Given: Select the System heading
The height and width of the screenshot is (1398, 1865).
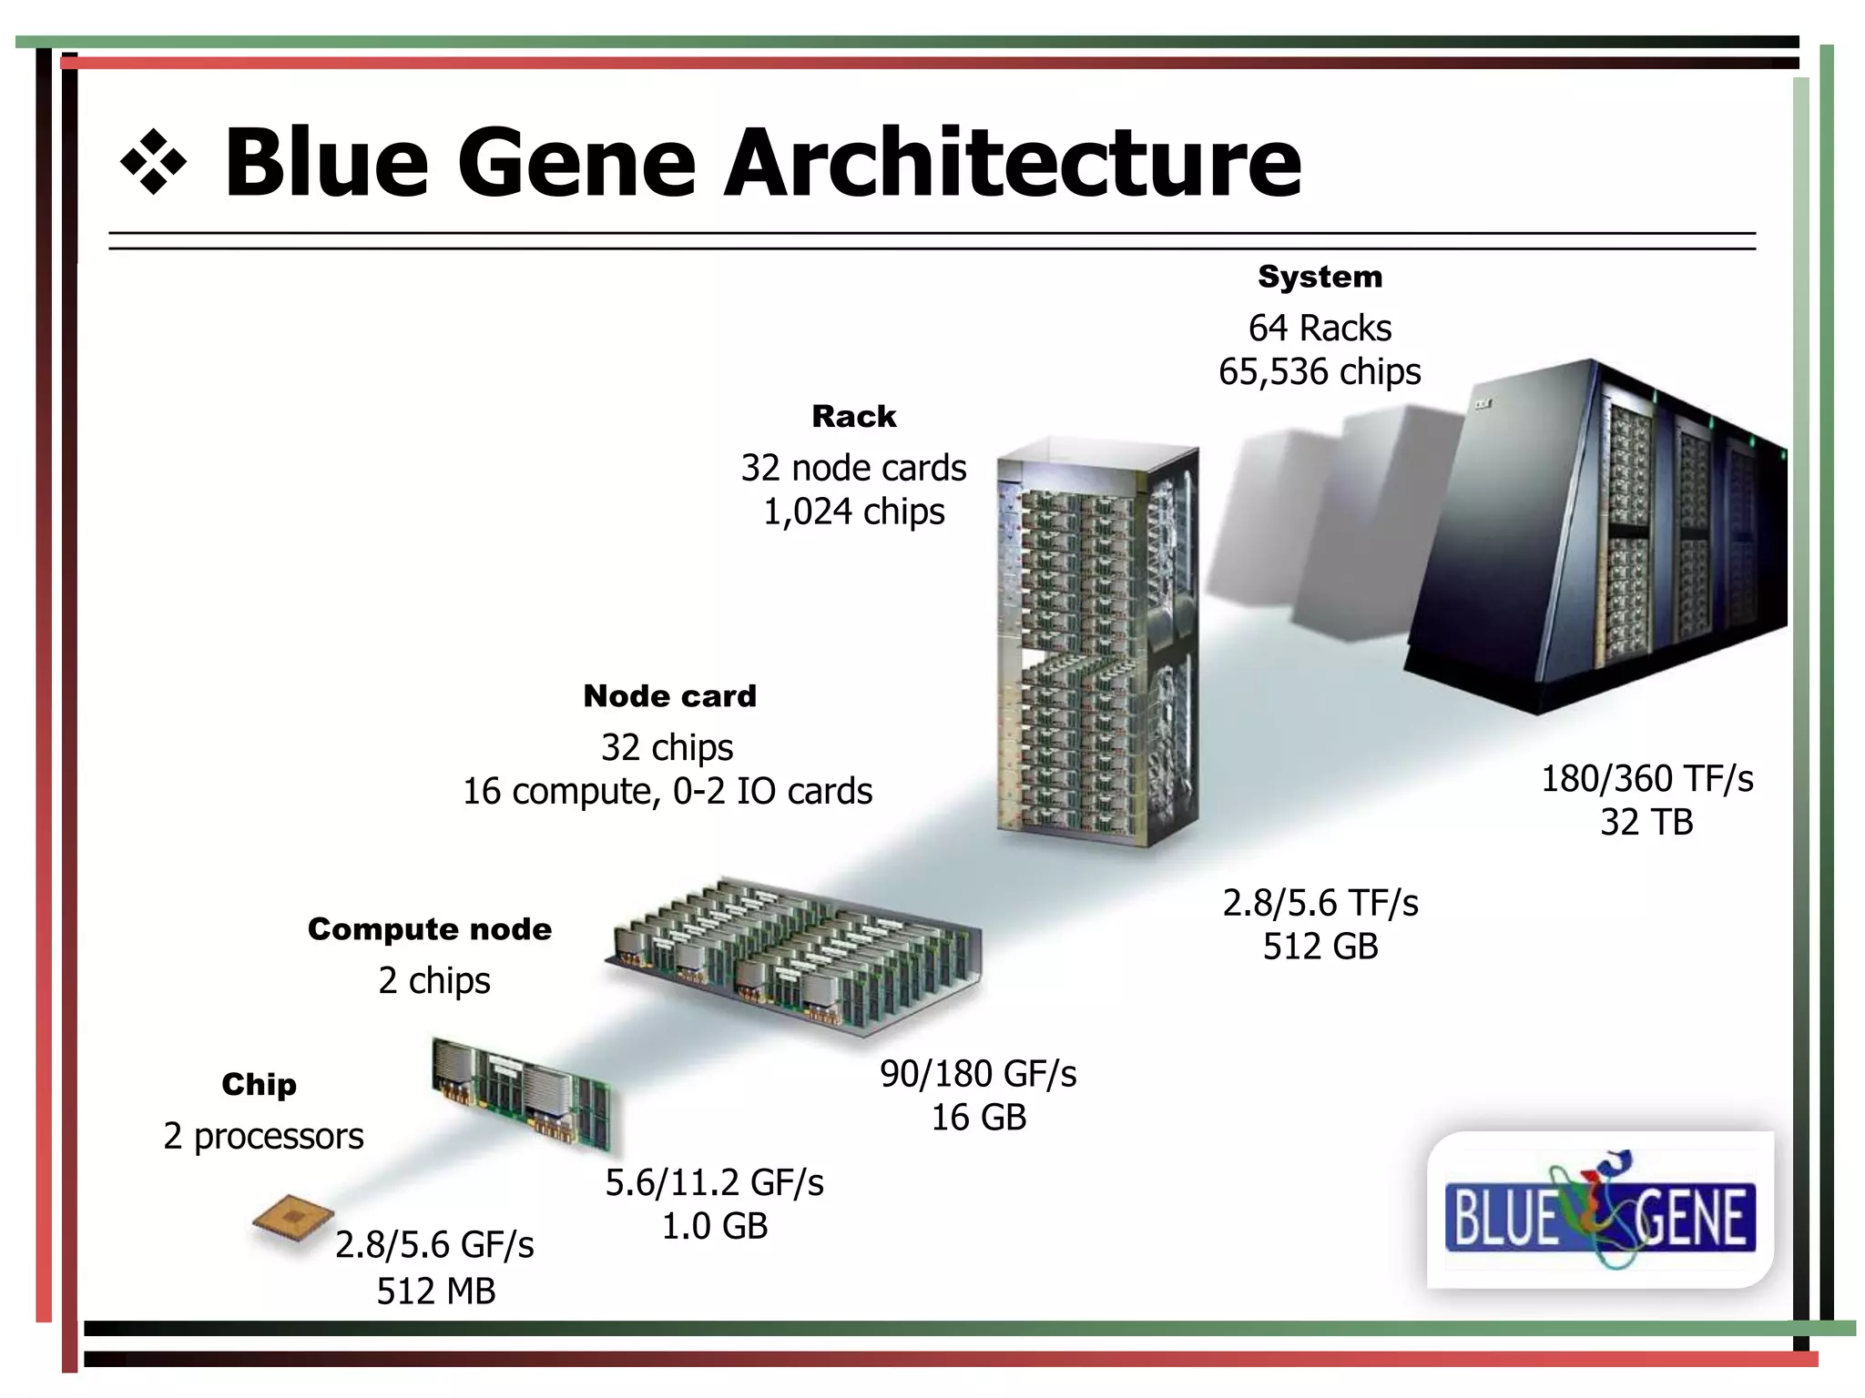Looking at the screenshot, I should tap(1320, 277).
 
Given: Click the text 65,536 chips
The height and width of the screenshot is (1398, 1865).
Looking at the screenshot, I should tap(1320, 372).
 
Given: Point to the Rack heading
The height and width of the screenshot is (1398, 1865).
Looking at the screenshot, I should tap(853, 417).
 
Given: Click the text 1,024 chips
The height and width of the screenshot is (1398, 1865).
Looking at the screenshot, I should tap(853, 512).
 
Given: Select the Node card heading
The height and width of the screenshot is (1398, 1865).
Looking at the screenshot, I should tap(669, 696).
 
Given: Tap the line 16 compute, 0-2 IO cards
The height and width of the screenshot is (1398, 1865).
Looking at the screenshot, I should tap(667, 792).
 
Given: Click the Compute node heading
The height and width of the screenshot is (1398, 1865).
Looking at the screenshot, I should tap(430, 929).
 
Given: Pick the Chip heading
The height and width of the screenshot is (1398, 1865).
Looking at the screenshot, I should tap(259, 1085).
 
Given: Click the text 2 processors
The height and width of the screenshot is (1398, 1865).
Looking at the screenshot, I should tap(263, 1137).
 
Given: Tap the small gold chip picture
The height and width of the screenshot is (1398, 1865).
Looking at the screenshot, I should tap(293, 1221).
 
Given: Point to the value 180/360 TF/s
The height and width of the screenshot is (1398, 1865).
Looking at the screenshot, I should tap(1646, 779).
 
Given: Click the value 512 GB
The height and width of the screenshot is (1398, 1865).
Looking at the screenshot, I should tap(1320, 947).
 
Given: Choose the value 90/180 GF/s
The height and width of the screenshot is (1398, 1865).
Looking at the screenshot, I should tap(978, 1075).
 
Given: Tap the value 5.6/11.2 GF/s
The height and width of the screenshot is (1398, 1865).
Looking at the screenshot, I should tap(714, 1183).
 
